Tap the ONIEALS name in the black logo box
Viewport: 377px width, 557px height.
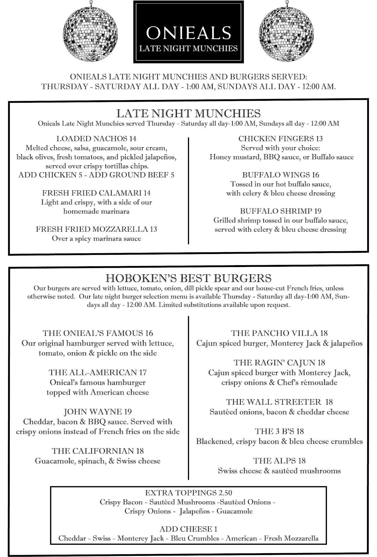[x=188, y=33]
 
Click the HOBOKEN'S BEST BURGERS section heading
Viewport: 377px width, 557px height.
[x=188, y=278]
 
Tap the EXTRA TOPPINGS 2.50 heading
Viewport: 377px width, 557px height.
[x=188, y=493]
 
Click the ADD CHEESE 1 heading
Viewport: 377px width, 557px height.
[x=188, y=529]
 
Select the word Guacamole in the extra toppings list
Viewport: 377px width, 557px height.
[x=234, y=511]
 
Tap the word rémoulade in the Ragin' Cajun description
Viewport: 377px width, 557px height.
[x=320, y=382]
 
